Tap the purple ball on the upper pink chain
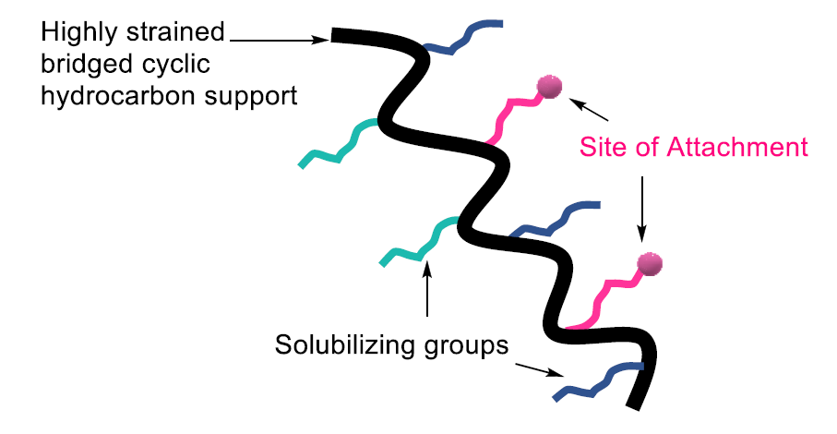click(x=550, y=87)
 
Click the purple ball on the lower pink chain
click(x=651, y=263)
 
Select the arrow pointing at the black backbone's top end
click(x=281, y=39)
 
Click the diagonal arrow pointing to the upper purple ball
click(x=590, y=110)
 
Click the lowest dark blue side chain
click(x=595, y=380)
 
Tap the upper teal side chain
click(x=337, y=143)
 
